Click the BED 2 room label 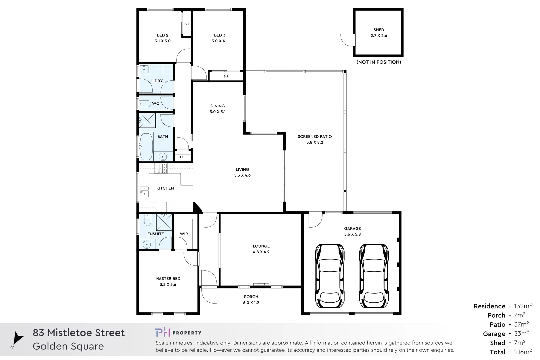coord(163,38)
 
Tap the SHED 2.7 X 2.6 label coord(379,33)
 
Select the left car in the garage coord(329,276)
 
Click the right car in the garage coord(374,276)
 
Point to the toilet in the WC coord(144,103)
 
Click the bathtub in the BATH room coord(146,147)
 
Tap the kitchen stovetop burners coord(161,169)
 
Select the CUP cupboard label coord(183,157)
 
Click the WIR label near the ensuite coord(184,234)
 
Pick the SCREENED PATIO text coord(315,137)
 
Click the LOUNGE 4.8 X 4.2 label coord(261,249)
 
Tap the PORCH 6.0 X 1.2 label coord(251,300)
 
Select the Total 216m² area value coord(523,352)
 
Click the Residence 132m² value coord(523,306)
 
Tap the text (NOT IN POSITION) coord(379,62)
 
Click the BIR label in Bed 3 coord(226,76)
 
